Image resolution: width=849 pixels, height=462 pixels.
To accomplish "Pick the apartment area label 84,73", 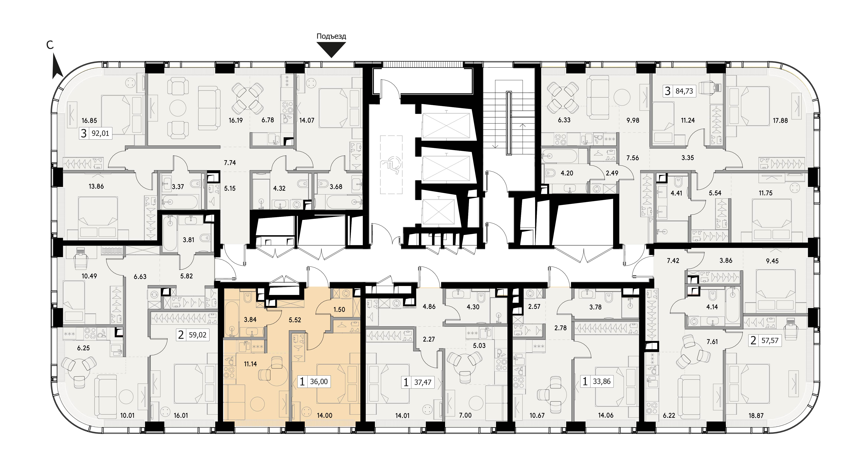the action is point(684,91).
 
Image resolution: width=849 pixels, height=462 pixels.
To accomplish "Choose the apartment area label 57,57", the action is point(770,340).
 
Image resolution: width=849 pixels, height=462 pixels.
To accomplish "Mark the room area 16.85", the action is point(89,121).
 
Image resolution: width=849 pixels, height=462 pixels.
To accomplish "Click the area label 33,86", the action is point(602,382).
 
